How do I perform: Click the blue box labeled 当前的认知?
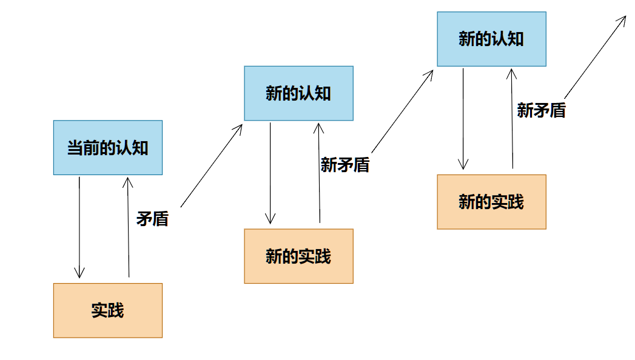pyautogui.click(x=108, y=148)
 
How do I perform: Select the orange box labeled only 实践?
pyautogui.click(x=108, y=310)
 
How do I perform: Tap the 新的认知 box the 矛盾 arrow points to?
pyautogui.click(x=298, y=93)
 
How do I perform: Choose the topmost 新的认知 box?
pyautogui.click(x=491, y=39)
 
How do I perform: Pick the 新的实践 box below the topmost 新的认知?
pyautogui.click(x=491, y=202)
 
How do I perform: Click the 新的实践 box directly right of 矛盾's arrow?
pyautogui.click(x=298, y=256)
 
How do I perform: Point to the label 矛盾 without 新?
pyautogui.click(x=152, y=219)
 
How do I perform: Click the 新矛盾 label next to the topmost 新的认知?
pyautogui.click(x=541, y=110)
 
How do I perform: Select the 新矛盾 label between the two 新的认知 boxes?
pyautogui.click(x=345, y=164)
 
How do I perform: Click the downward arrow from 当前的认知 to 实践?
pyautogui.click(x=79, y=227)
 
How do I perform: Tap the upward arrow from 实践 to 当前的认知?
pyautogui.click(x=128, y=227)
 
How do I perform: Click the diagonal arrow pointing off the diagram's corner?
pyautogui.click(x=594, y=57)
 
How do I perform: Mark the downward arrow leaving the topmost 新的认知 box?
pyautogui.click(x=463, y=118)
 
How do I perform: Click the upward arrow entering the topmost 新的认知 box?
pyautogui.click(x=512, y=118)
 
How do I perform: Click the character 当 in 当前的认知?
pyautogui.click(x=75, y=148)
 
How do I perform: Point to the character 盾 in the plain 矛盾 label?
pyautogui.click(x=160, y=219)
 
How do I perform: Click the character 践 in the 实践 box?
pyautogui.click(x=116, y=310)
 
